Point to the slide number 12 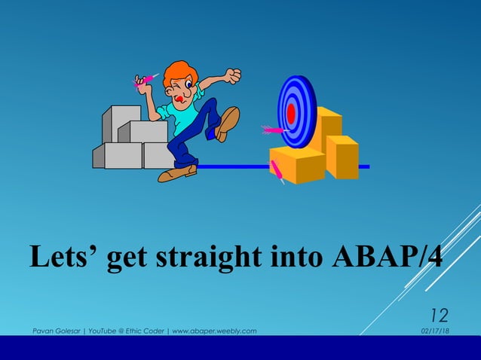(439, 315)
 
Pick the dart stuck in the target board (271, 130)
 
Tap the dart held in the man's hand (146, 79)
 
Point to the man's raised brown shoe (227, 123)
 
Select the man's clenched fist (233, 75)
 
